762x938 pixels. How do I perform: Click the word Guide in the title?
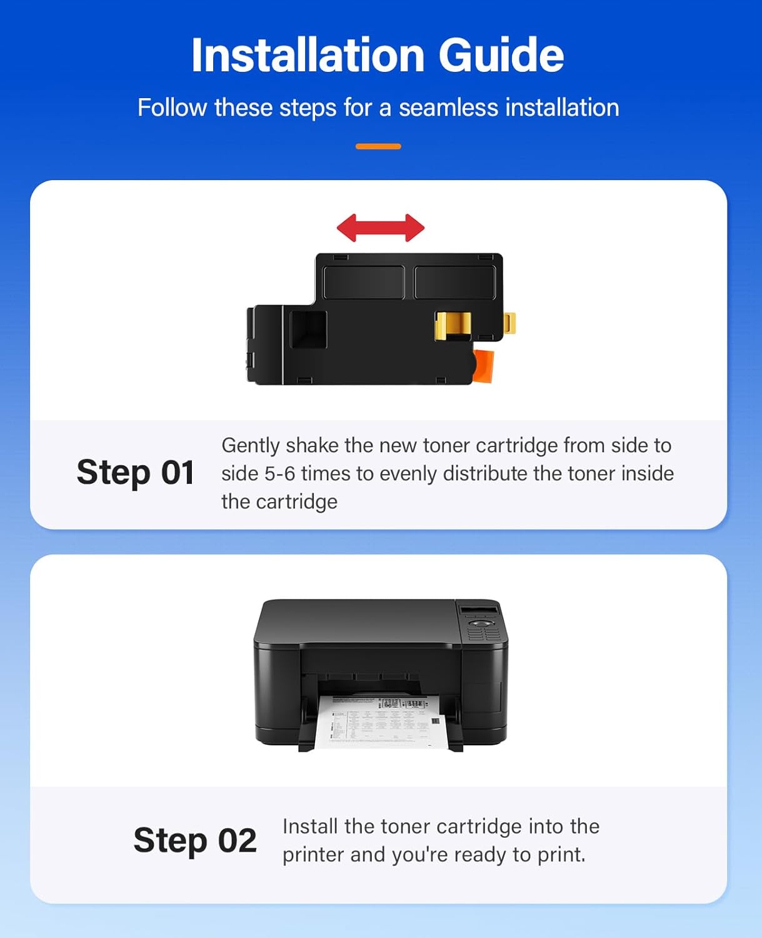point(501,55)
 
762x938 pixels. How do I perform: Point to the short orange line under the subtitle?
point(378,146)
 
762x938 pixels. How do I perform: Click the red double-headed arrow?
point(380,228)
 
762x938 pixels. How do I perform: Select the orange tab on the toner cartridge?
point(484,366)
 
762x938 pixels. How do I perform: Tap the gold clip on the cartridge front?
point(453,325)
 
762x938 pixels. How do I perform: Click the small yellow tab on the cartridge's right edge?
point(510,323)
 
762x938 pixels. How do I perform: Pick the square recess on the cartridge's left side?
point(308,329)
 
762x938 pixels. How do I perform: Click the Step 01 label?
point(135,472)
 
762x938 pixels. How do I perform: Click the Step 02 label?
point(195,840)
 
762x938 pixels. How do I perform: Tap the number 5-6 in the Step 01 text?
point(279,473)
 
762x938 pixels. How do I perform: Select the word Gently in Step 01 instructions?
point(251,446)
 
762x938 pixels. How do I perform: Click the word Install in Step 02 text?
point(310,826)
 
